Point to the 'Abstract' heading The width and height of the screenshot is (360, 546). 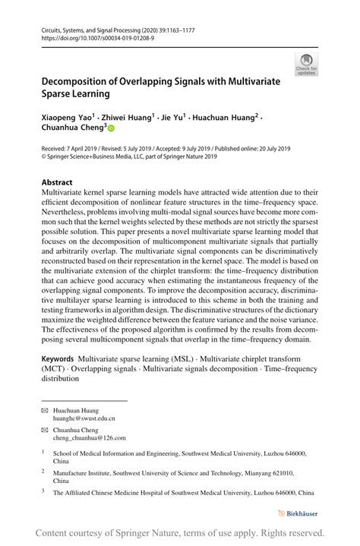coord(57,183)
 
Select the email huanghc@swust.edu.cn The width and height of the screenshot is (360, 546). coord(84,418)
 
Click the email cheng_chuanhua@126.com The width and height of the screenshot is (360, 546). coord(90,438)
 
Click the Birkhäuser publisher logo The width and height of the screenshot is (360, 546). coord(298,513)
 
